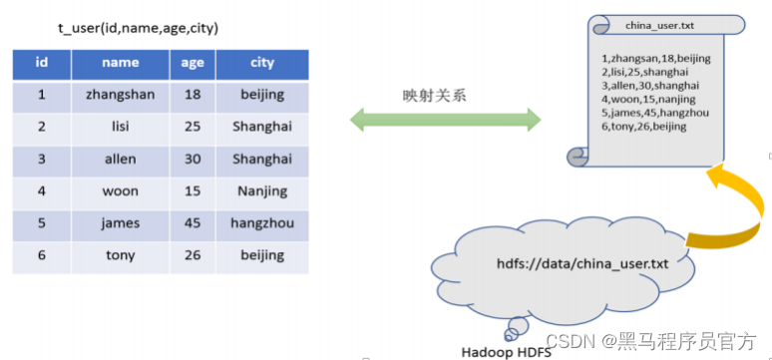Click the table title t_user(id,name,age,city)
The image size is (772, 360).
tap(138, 29)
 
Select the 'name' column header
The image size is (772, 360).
tap(120, 63)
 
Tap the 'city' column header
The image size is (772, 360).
tap(262, 63)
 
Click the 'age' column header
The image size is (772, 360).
tap(193, 63)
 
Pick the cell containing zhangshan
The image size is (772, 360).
tap(120, 95)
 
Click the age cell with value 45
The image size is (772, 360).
tap(193, 223)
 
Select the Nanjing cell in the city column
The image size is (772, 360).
tap(262, 191)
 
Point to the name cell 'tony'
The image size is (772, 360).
tap(120, 255)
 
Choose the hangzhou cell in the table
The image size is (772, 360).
tap(262, 223)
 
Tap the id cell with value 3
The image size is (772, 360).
tap(42, 160)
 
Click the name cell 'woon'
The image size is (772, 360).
tap(120, 191)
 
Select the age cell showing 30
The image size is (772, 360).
tap(193, 160)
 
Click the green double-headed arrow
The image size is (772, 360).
tap(445, 121)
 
